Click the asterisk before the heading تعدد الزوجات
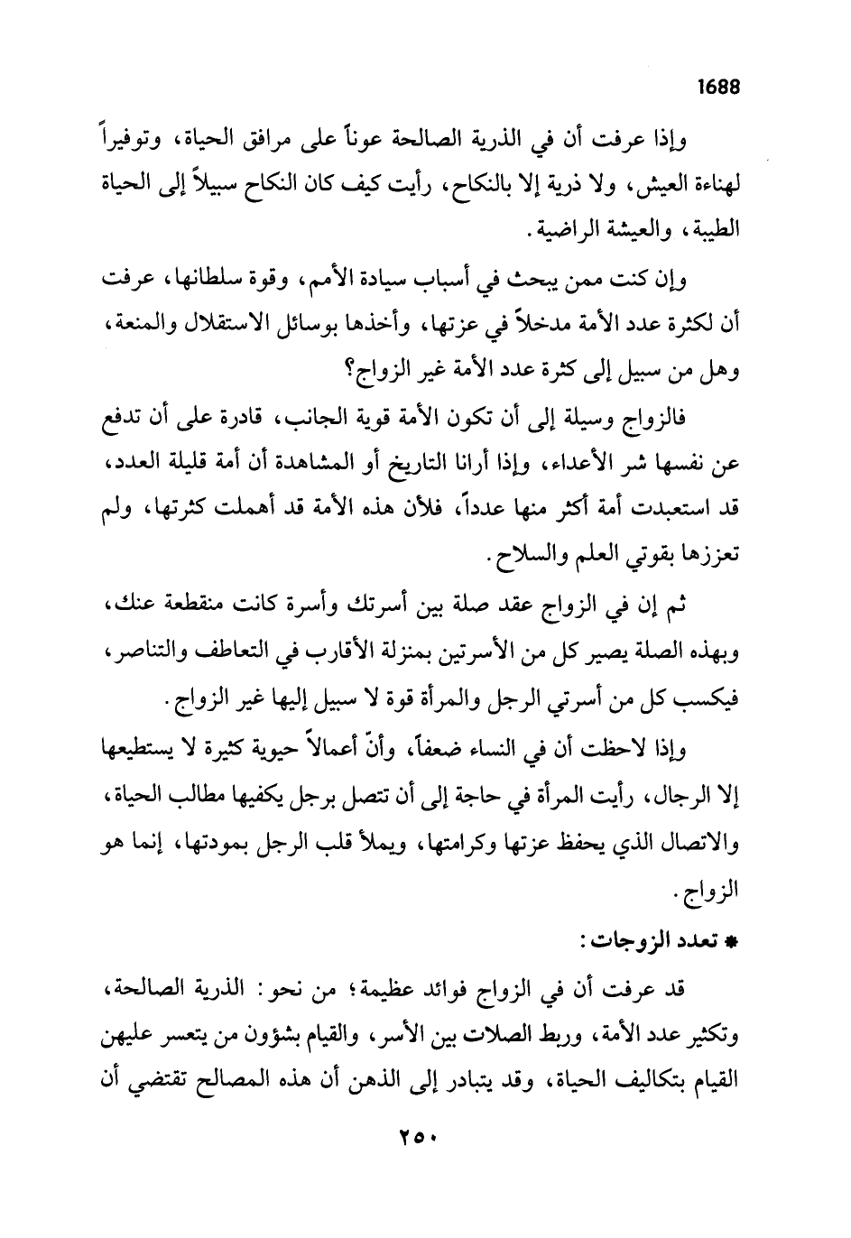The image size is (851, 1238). pyautogui.click(x=733, y=941)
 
